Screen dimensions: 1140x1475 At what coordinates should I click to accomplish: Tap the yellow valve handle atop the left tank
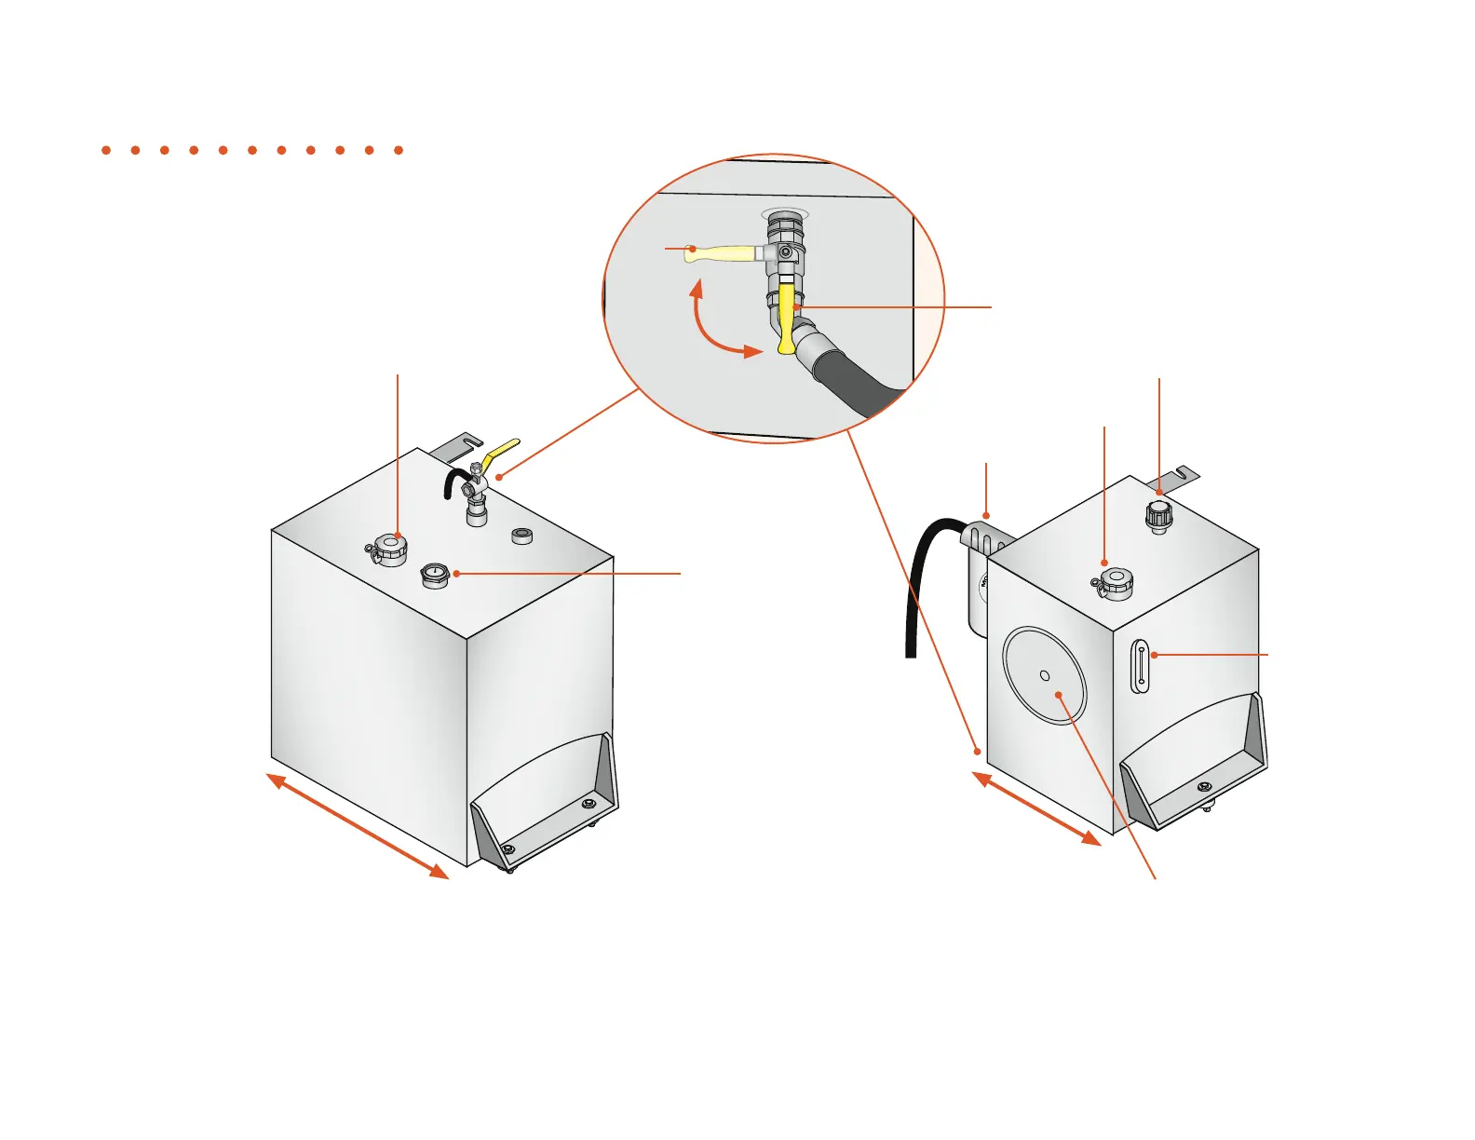click(503, 452)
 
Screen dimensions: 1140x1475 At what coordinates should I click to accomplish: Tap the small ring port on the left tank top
click(522, 536)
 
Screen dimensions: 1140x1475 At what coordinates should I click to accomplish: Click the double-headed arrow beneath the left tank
click(358, 825)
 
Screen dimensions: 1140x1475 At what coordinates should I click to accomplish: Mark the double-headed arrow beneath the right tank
click(1037, 808)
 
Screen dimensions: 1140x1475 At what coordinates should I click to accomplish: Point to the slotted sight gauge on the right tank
click(1141, 666)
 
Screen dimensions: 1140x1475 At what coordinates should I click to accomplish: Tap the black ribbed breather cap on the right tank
click(1158, 516)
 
